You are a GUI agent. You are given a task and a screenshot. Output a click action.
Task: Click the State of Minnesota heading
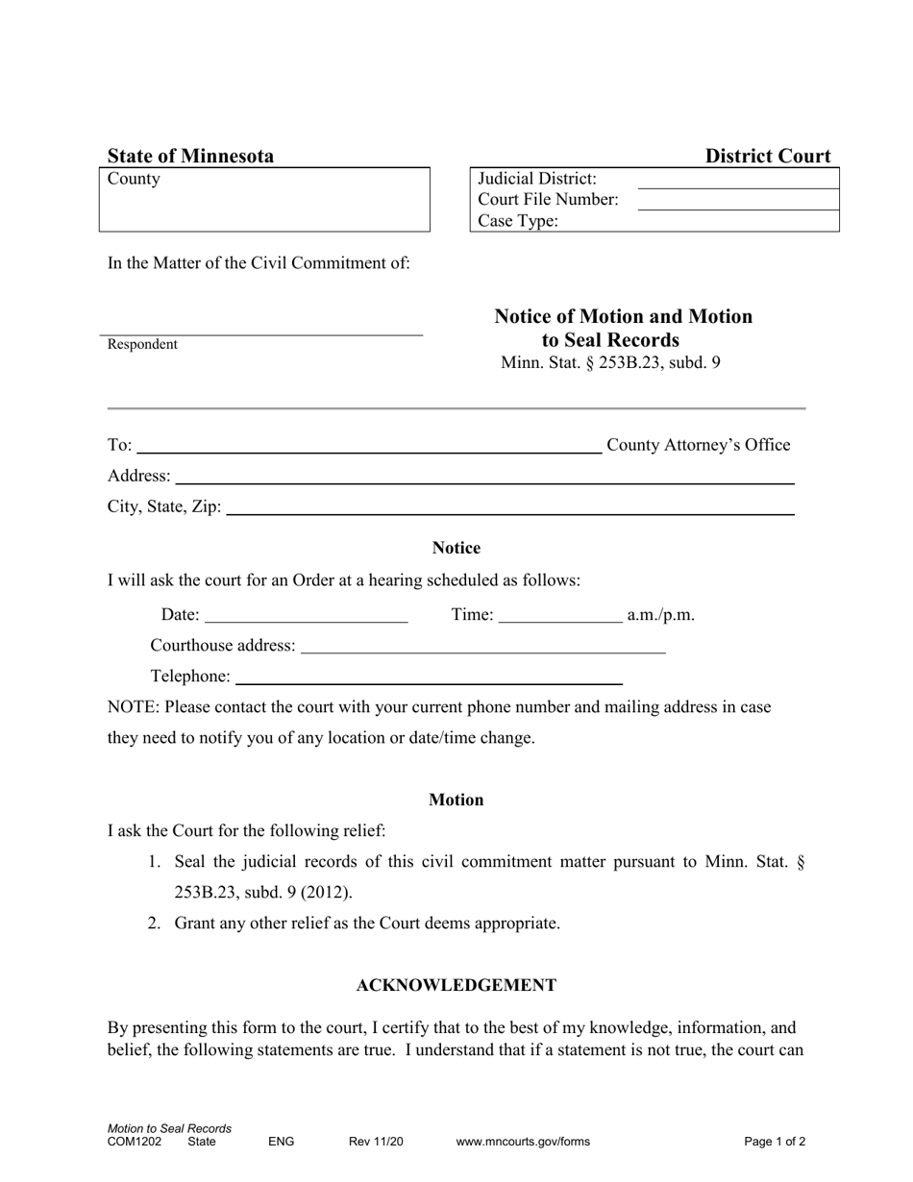point(190,157)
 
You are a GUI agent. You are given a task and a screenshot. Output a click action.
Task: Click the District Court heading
point(768,157)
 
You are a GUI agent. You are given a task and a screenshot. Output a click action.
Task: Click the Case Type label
point(518,221)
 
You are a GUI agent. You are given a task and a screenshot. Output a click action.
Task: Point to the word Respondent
point(142,345)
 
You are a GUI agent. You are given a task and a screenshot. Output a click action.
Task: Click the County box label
point(135,180)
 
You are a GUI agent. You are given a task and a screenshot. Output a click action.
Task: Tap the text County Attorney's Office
point(699,445)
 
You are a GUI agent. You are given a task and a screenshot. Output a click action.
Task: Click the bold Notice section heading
point(456,548)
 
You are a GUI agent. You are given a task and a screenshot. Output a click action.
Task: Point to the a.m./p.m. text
point(660,615)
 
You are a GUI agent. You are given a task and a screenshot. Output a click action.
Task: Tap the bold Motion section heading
point(456,800)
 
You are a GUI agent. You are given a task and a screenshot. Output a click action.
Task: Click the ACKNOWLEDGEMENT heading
point(456,985)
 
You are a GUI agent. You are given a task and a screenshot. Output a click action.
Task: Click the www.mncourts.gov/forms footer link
point(523,1142)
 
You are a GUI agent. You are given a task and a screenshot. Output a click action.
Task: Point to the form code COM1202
point(135,1142)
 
